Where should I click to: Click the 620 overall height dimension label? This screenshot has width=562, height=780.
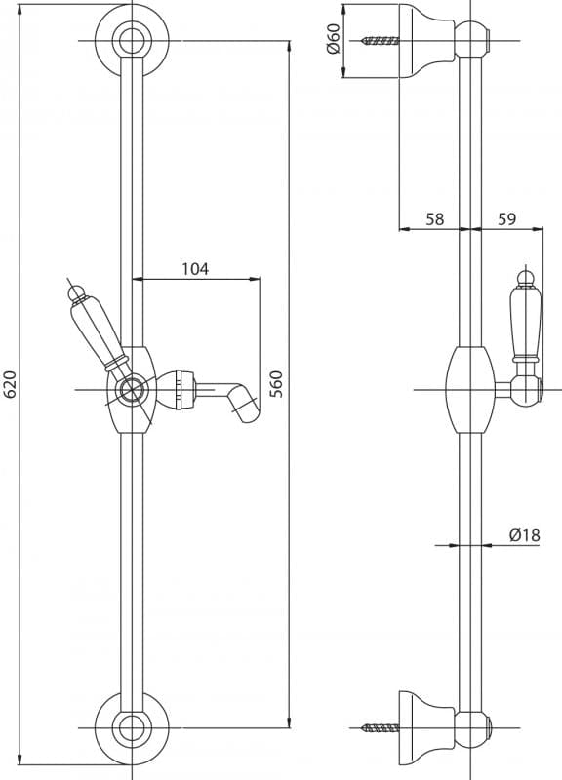coord(11,384)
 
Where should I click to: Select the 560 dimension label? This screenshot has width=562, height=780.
coord(276,384)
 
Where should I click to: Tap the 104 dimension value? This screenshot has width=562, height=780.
coord(195,269)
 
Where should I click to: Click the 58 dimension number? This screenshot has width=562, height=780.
coord(434,218)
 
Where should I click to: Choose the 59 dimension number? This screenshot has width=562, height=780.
coord(506,218)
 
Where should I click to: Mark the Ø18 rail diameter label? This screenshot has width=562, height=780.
coord(525,535)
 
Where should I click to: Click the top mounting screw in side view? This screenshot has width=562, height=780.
coord(381,41)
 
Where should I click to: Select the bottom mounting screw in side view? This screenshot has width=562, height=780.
coord(381,728)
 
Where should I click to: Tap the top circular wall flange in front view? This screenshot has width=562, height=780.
coord(132,41)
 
